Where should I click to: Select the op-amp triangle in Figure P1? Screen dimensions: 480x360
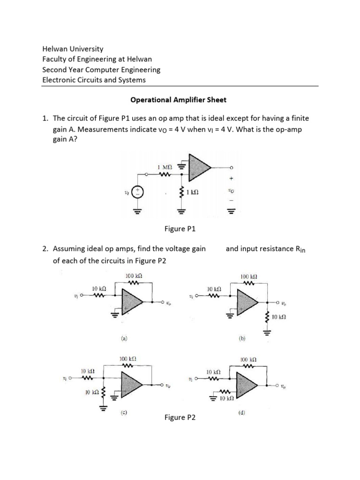199,167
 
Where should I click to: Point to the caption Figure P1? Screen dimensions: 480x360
180,229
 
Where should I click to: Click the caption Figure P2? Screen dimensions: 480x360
180,417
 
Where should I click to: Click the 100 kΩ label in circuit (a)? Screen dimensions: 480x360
134,276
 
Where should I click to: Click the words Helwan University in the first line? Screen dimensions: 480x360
73,49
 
